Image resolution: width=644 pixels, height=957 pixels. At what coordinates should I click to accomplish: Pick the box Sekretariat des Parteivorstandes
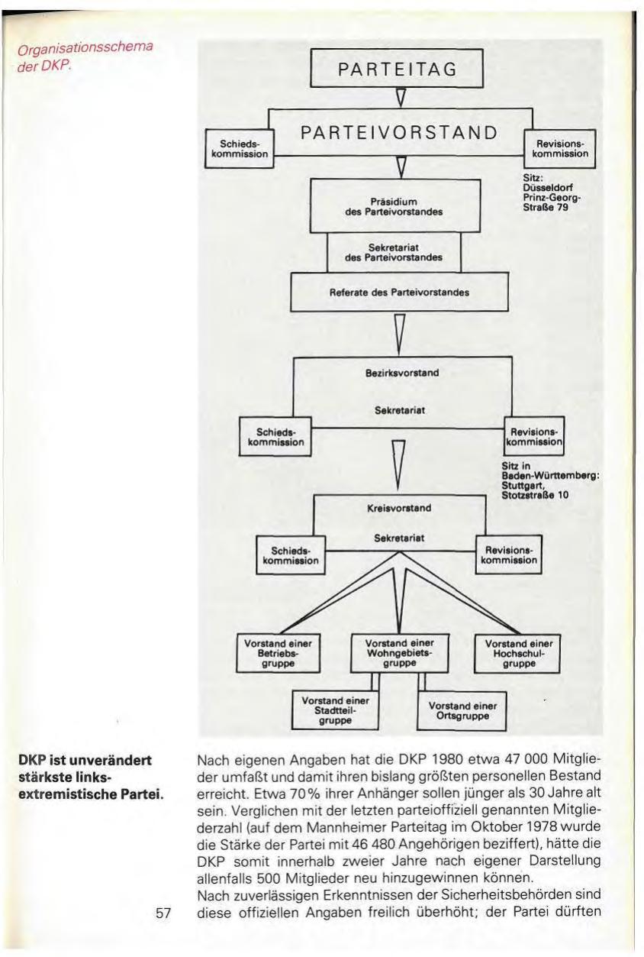(395, 253)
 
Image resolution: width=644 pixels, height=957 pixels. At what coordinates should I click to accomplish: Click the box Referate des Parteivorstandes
(399, 292)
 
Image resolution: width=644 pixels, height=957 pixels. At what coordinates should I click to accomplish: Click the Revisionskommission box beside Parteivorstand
(560, 148)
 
